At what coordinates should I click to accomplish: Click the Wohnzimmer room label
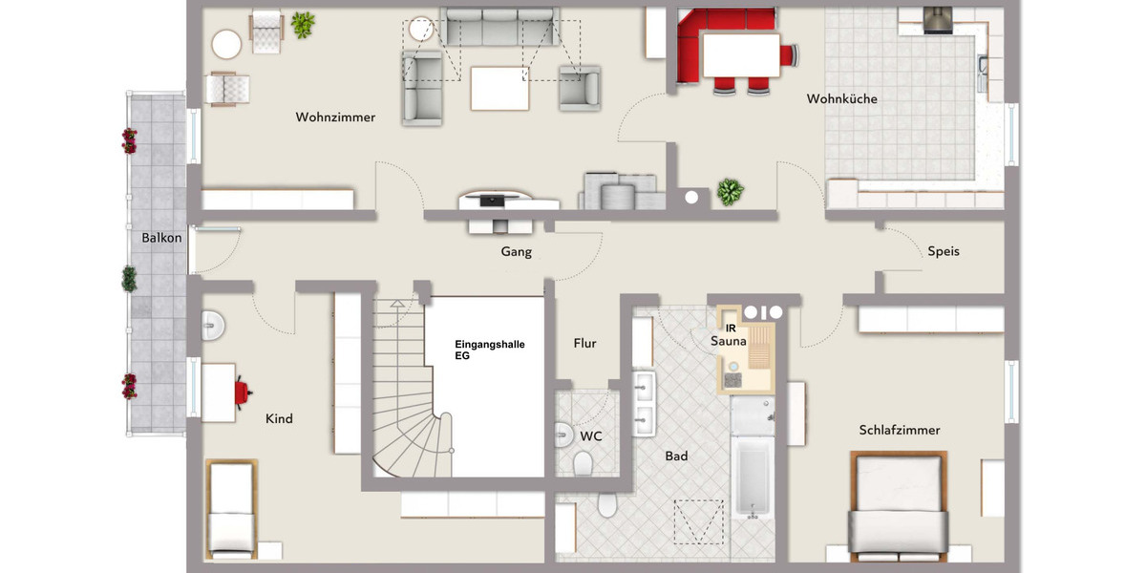[x=335, y=117]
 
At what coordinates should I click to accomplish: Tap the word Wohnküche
[x=841, y=98]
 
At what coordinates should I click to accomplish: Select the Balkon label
[x=161, y=238]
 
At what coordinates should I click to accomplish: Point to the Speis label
[x=943, y=251]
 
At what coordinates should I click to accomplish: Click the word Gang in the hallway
[x=516, y=252]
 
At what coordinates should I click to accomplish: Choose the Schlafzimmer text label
[x=899, y=430]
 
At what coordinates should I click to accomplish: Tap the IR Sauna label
[x=728, y=334]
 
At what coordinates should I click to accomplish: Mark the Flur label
[x=584, y=343]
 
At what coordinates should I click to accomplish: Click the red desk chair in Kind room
[x=243, y=390]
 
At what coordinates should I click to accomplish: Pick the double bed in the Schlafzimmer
[x=898, y=506]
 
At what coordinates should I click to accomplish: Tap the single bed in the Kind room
[x=230, y=508]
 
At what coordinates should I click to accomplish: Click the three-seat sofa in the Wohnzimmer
[x=497, y=28]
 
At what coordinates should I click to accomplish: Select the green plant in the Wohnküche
[x=730, y=192]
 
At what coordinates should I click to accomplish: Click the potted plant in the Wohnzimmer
[x=304, y=25]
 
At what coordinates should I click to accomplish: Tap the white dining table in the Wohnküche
[x=739, y=53]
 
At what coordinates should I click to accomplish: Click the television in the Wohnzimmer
[x=496, y=201]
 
